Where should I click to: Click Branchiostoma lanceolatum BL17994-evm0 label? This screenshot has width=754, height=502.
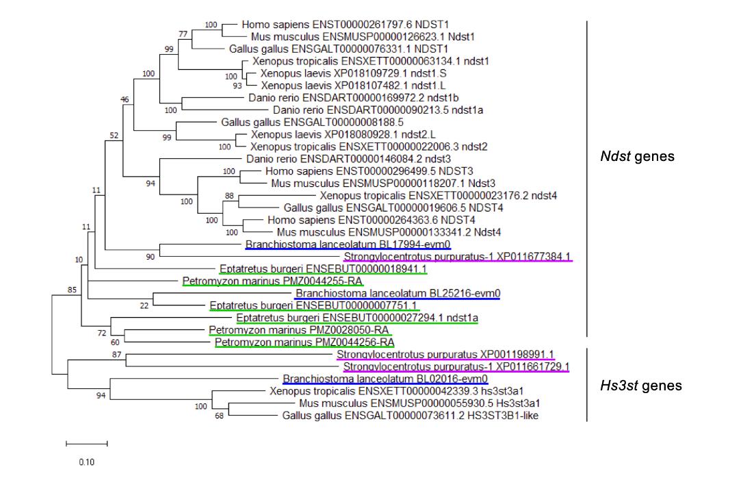[x=348, y=244]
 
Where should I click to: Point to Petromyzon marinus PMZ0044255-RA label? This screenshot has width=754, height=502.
[x=272, y=281]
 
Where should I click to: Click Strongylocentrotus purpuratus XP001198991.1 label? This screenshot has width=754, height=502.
[x=445, y=354]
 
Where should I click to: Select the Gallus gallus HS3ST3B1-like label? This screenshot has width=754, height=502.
[x=410, y=416]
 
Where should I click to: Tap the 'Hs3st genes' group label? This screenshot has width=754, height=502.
[x=640, y=386]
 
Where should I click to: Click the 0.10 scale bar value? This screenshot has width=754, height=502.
[x=86, y=462]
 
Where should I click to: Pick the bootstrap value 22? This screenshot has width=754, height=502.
[x=144, y=305]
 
